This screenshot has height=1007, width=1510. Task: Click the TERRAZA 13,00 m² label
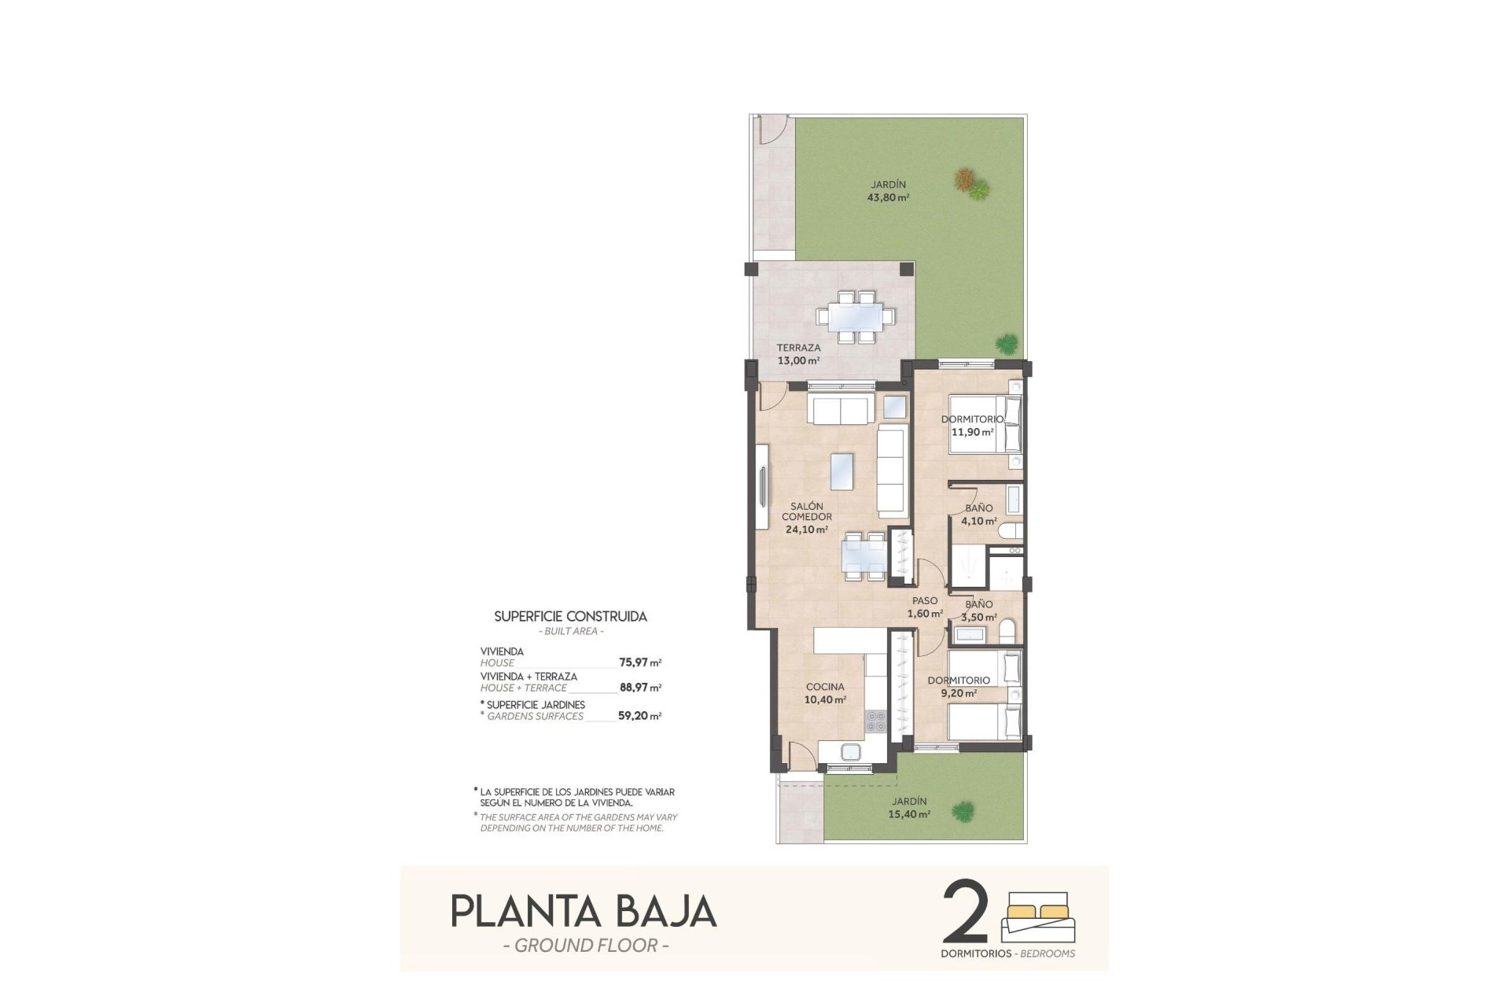(798, 354)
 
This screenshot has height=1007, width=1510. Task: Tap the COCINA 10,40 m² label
(825, 693)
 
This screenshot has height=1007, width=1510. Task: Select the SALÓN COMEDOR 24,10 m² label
(807, 518)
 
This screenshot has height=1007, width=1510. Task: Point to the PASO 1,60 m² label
(925, 607)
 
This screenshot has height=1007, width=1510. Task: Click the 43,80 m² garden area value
(888, 197)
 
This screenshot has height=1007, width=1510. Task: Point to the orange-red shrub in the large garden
(963, 179)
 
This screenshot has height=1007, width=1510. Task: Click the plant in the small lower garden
(961, 810)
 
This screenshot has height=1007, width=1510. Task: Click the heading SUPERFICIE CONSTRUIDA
(570, 617)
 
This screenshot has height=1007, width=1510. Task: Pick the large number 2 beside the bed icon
(964, 913)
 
